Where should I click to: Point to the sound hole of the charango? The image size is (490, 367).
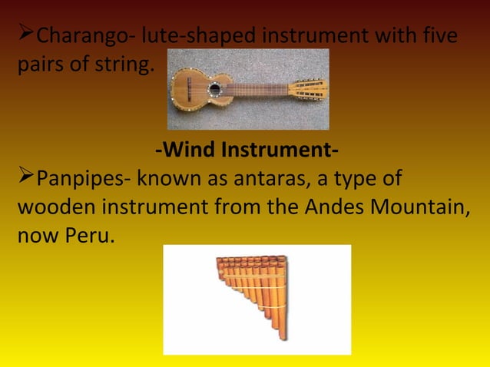click(x=214, y=89)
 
